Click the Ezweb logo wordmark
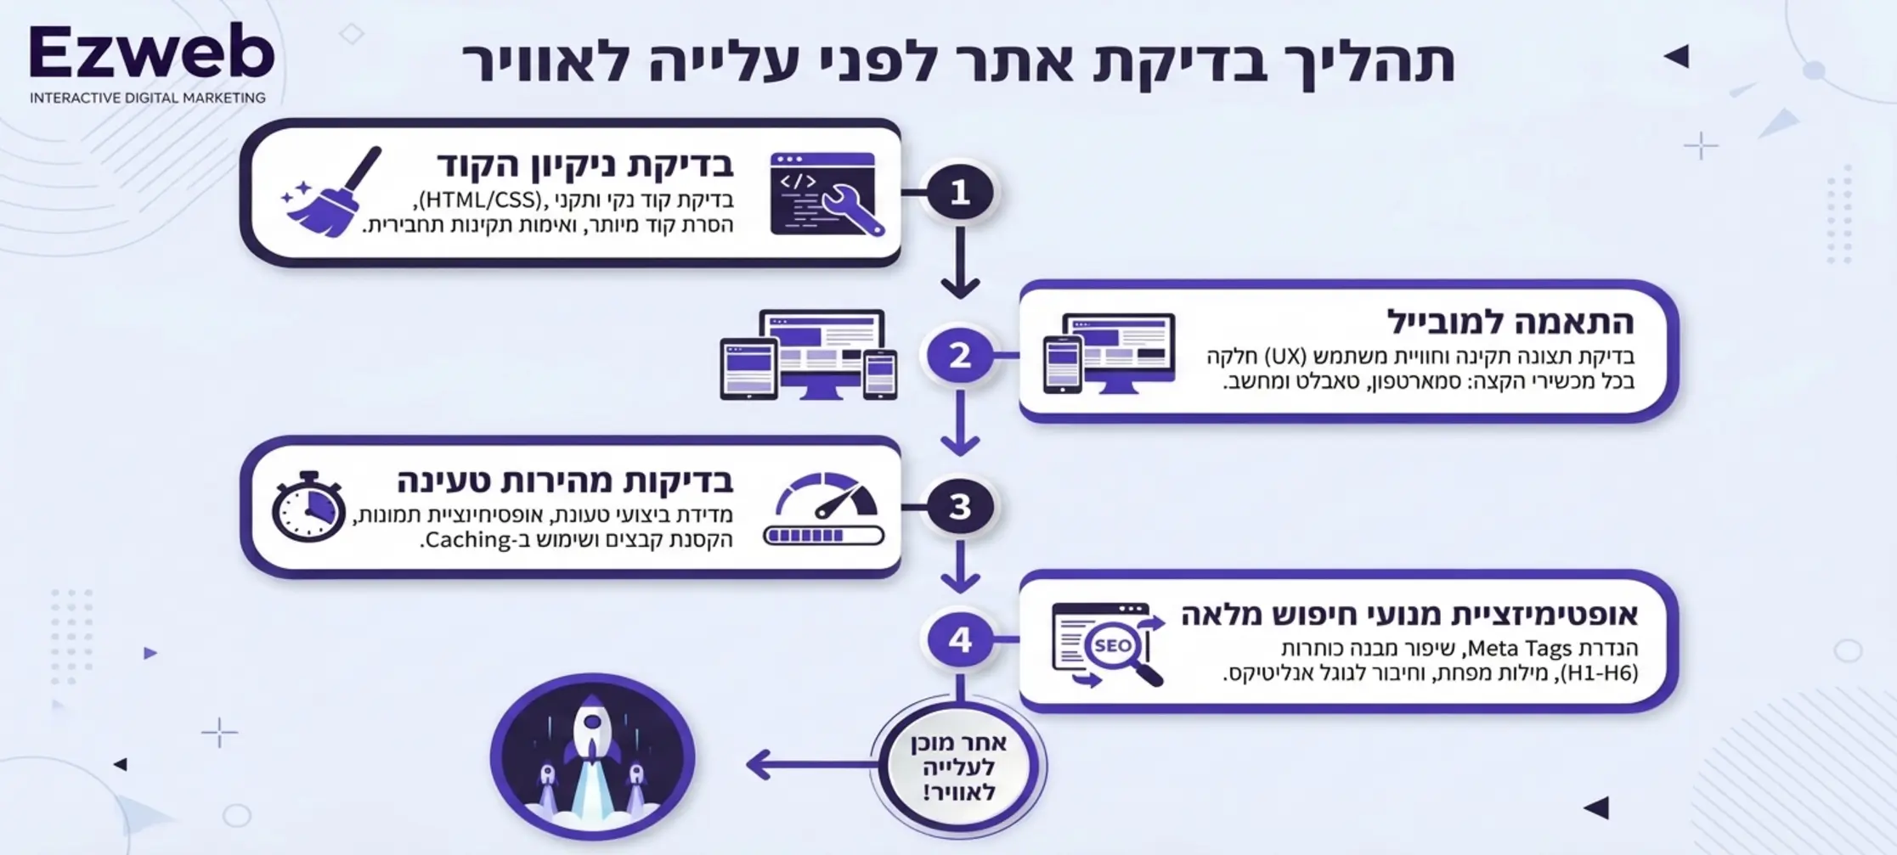click(151, 53)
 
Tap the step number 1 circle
click(960, 192)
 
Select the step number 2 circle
click(960, 355)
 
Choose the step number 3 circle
click(960, 507)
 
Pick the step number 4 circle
click(960, 639)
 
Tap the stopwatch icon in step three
click(308, 507)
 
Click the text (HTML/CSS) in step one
click(480, 200)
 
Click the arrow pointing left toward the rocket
click(807, 764)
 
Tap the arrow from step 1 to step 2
click(960, 263)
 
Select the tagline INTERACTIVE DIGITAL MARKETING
click(148, 98)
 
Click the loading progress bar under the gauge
click(823, 536)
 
